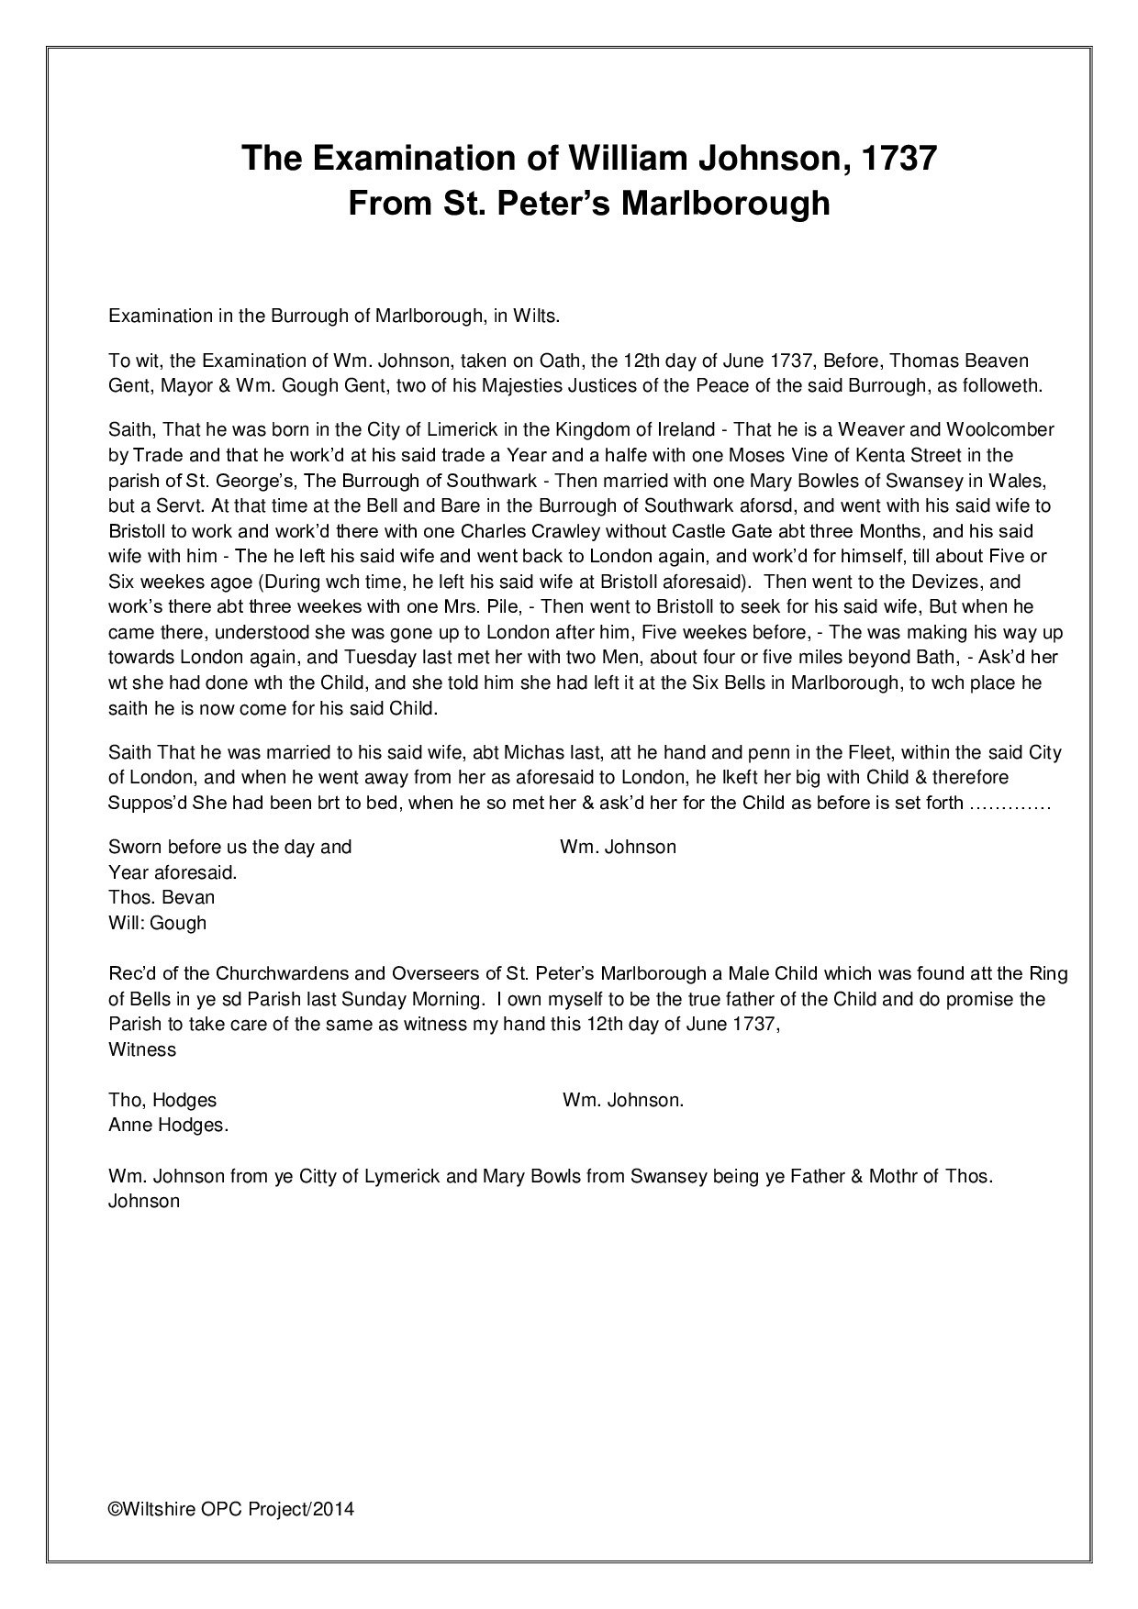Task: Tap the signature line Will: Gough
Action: [x=157, y=924]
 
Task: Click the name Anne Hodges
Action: [x=168, y=1126]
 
